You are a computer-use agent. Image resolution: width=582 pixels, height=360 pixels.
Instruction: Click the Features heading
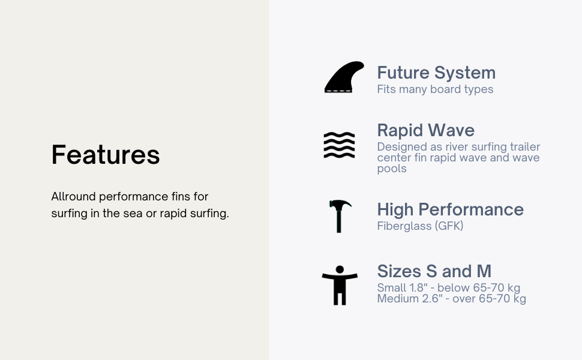tap(106, 155)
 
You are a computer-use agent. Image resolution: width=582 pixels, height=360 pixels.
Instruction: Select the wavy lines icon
tap(339, 145)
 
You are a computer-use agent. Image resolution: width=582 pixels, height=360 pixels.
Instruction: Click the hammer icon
tap(339, 216)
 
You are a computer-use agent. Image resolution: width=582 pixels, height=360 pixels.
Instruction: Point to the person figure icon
tap(340, 286)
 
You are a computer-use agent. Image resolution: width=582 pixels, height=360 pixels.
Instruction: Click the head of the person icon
tap(340, 270)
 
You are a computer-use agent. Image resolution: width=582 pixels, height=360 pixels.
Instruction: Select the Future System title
tap(436, 73)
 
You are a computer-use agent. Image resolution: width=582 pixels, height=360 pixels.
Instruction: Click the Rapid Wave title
tap(426, 130)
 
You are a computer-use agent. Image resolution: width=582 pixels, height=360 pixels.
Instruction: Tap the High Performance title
tap(450, 209)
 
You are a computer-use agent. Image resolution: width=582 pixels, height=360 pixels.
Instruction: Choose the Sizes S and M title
tap(434, 271)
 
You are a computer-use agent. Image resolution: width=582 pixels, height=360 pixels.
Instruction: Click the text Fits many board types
tap(435, 89)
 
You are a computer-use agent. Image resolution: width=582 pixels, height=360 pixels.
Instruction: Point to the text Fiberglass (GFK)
tap(420, 226)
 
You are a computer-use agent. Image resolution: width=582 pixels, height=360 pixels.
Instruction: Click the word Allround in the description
tap(73, 196)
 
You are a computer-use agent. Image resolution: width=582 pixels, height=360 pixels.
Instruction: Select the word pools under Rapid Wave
tap(392, 169)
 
